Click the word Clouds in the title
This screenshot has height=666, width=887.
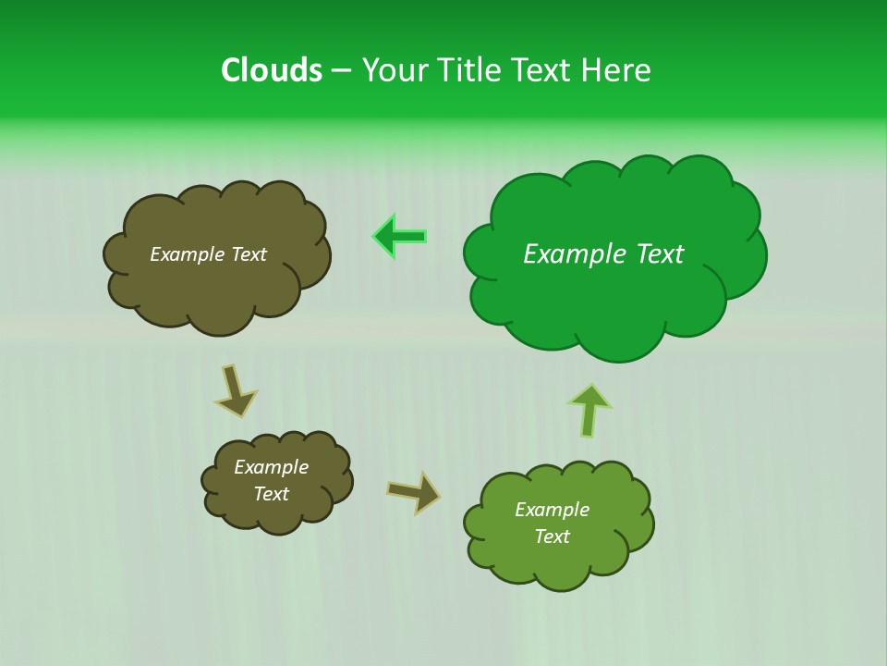point(271,70)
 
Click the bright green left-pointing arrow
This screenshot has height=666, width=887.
point(399,237)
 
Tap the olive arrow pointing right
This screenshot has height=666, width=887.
point(414,492)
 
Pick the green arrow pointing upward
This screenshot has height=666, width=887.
point(589,410)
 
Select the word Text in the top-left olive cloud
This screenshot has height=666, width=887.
point(249,254)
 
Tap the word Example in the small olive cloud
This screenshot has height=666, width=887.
point(271,467)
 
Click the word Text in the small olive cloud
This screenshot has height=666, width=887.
point(271,494)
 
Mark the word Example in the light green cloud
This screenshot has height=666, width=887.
point(552,510)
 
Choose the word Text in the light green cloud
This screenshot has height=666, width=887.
point(552,536)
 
